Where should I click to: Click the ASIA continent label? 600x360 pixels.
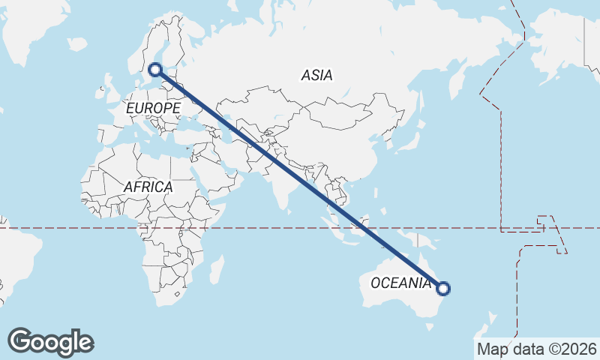[x=316, y=75]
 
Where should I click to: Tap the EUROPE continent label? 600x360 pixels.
[x=153, y=109]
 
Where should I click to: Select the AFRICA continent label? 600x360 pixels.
[x=148, y=187]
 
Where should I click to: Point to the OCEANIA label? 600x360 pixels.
[x=400, y=283]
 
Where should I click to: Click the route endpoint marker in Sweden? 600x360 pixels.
[x=155, y=70]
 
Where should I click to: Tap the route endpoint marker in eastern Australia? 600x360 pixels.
[x=443, y=288]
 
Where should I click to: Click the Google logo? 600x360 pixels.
[x=50, y=342]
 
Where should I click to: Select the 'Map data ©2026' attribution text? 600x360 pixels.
[x=537, y=349]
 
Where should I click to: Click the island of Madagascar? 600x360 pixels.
[x=217, y=269]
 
